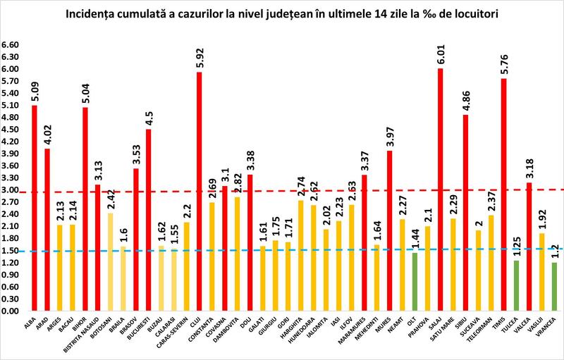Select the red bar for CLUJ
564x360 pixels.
coord(199,191)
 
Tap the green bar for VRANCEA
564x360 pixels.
coord(554,286)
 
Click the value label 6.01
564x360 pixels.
coord(440,55)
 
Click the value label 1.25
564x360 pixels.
coord(516,247)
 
